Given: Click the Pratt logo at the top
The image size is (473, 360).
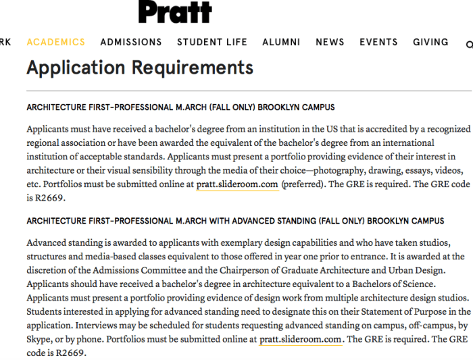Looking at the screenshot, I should point(175,11).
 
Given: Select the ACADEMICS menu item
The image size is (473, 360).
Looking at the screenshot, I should point(56,42).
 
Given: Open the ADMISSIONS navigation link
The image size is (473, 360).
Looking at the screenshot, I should point(131,42).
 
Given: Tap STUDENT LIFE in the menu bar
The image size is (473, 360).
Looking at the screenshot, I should point(212,42).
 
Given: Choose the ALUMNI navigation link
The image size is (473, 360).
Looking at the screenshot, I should point(281,42).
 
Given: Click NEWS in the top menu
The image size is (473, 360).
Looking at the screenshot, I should point(330,42).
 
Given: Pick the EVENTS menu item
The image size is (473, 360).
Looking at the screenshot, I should point(378,42).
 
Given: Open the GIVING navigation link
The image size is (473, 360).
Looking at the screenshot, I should point(430,42).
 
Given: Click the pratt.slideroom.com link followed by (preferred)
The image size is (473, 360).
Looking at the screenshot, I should point(237,184).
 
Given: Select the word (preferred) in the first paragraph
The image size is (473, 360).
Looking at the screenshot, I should point(303,184).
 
